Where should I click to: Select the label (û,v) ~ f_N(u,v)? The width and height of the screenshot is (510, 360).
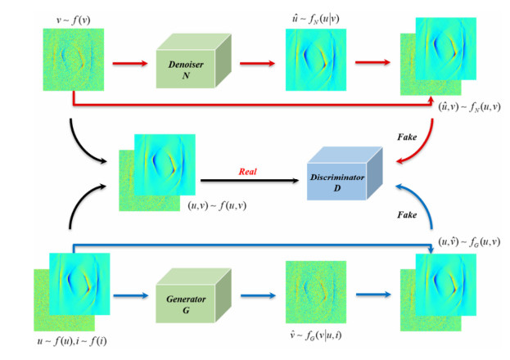click(x=462, y=108)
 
